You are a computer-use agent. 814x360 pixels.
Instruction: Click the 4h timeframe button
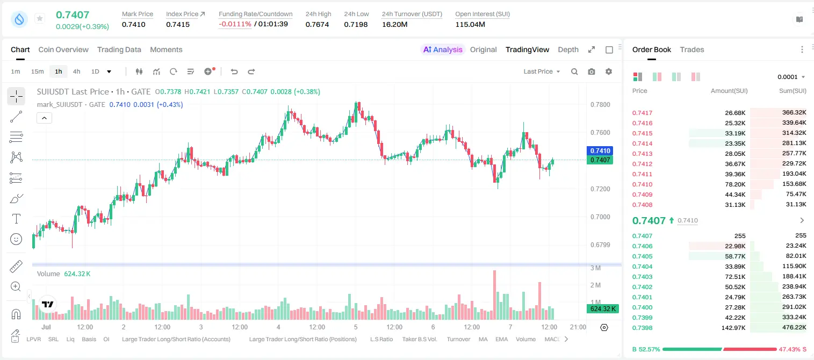[76, 71]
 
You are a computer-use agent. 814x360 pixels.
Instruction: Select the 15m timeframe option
[37, 71]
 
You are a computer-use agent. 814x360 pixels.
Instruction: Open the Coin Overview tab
[63, 49]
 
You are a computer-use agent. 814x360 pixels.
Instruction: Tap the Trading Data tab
[119, 49]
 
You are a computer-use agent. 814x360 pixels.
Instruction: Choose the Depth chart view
[568, 49]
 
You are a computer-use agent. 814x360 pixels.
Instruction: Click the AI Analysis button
[443, 49]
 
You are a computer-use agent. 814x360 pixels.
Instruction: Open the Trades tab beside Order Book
[692, 49]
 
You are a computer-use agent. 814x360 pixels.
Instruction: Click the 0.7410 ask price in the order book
[642, 184]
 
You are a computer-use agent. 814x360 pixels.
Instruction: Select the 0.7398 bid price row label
[642, 328]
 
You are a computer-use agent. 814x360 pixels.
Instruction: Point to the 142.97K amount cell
[733, 328]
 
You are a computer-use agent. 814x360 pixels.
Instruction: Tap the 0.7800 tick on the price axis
[600, 105]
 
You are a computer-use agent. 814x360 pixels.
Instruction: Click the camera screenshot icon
[592, 71]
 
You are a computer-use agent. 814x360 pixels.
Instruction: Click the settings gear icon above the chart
[609, 71]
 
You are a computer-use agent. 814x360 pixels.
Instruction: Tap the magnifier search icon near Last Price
[574, 71]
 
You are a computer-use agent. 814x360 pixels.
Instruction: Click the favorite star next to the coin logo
[40, 18]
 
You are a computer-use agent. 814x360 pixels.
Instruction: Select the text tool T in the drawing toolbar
[16, 219]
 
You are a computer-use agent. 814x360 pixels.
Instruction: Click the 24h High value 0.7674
[317, 24]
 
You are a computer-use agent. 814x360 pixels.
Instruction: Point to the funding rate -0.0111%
[235, 24]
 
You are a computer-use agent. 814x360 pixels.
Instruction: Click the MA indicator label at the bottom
[483, 339]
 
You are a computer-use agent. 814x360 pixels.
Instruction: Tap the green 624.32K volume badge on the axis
[602, 309]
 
